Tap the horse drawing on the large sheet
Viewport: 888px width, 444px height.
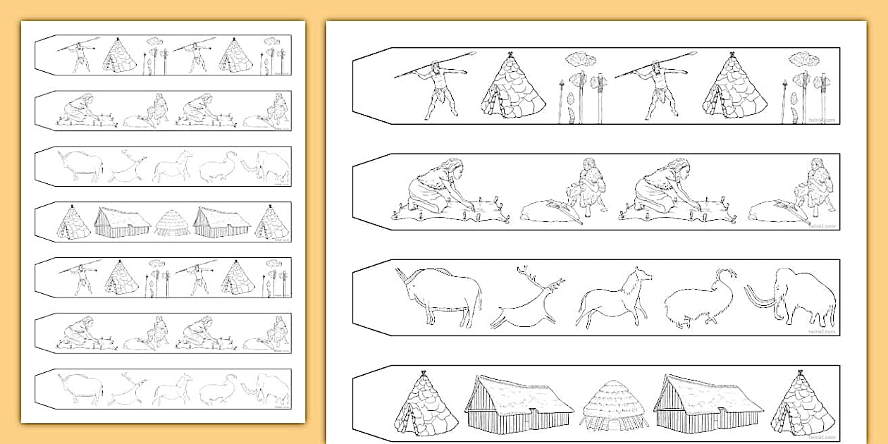coord(614,299)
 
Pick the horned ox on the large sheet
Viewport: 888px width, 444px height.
coord(440,294)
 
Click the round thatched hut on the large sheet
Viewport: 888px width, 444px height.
coord(614,407)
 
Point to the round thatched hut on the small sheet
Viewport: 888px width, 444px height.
coord(172,223)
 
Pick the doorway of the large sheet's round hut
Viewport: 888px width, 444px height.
coord(613,424)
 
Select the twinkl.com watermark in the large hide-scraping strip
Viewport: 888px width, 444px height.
coord(822,226)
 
